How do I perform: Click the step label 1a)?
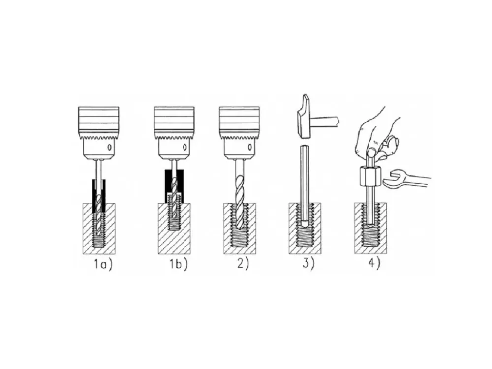(x=103, y=264)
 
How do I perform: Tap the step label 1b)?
(x=179, y=264)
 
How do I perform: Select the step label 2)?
(x=243, y=264)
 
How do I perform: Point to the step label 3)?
(x=308, y=264)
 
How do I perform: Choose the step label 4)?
(x=374, y=264)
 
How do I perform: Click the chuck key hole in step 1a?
(x=109, y=147)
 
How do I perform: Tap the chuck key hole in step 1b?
(x=185, y=147)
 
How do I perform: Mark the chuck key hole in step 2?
(x=250, y=147)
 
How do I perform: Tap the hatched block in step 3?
(x=305, y=228)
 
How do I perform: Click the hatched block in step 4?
(x=370, y=228)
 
